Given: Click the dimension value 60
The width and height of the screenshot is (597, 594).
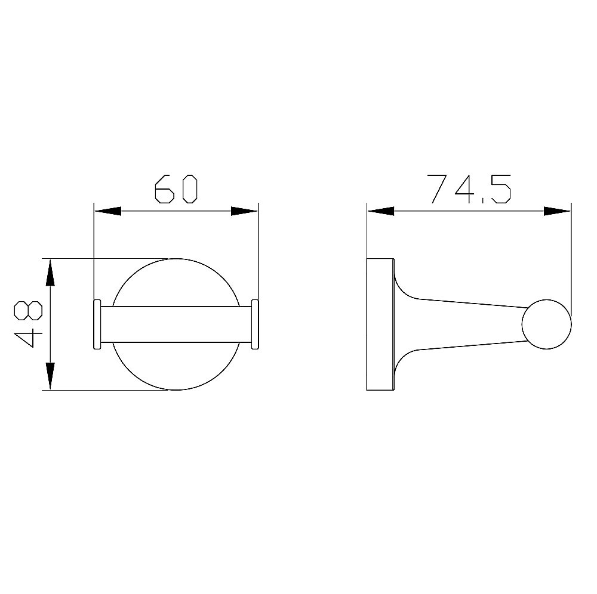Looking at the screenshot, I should point(176,189).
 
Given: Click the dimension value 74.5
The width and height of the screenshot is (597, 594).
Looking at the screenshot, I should point(470,189).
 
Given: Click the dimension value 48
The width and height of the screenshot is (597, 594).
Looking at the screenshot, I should point(28,324).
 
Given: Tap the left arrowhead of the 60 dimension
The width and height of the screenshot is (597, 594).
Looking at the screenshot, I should point(107,211).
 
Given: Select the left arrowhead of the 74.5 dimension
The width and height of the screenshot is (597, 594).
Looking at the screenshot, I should point(381,211).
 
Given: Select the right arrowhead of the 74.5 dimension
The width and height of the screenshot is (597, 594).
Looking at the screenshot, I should point(558,211).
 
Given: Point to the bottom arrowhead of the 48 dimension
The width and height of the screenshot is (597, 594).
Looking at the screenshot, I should point(51,376).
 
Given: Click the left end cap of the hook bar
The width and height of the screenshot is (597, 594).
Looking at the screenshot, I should point(97,324).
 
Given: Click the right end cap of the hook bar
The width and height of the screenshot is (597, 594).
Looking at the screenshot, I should point(255,324).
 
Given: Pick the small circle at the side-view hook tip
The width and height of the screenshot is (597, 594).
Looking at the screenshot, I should point(546,324).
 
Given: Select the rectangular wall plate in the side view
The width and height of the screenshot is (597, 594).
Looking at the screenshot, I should point(380,324).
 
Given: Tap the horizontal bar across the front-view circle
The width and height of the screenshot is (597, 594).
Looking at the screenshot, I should point(176,324).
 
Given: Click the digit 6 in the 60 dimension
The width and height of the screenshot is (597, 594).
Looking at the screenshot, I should point(164,189).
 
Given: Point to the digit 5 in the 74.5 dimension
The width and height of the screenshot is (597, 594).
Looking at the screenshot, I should point(500,189).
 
